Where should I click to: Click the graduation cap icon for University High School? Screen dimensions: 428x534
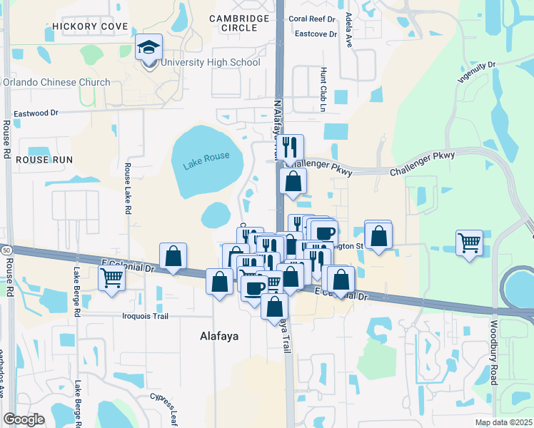[x=149, y=49]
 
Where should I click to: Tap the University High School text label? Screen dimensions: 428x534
[x=210, y=63]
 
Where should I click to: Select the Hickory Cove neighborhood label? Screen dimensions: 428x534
[x=91, y=26]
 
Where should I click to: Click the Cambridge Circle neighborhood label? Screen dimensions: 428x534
[x=239, y=23]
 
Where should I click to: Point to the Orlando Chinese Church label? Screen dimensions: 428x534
[x=56, y=82]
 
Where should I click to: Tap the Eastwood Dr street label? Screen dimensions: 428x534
[x=35, y=113]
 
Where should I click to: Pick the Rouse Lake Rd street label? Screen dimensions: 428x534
[x=128, y=189]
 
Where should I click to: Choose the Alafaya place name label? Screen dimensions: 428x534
[x=219, y=335]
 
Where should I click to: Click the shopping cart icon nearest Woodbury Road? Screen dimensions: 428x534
[x=469, y=243]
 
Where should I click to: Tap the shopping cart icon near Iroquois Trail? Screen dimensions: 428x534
[x=112, y=277]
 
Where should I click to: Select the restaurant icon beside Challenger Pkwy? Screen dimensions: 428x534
[x=290, y=148]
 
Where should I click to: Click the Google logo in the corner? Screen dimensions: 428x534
[x=24, y=419]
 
